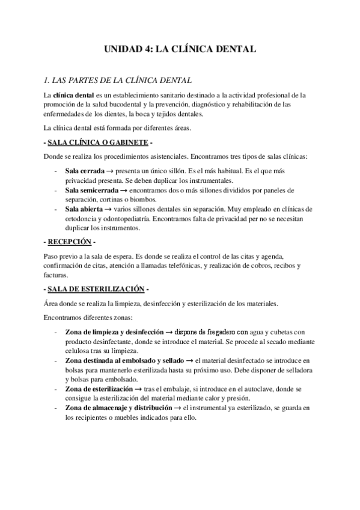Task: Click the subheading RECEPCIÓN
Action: coord(69,242)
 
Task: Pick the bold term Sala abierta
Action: coord(84,209)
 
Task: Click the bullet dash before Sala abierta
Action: coord(56,209)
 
